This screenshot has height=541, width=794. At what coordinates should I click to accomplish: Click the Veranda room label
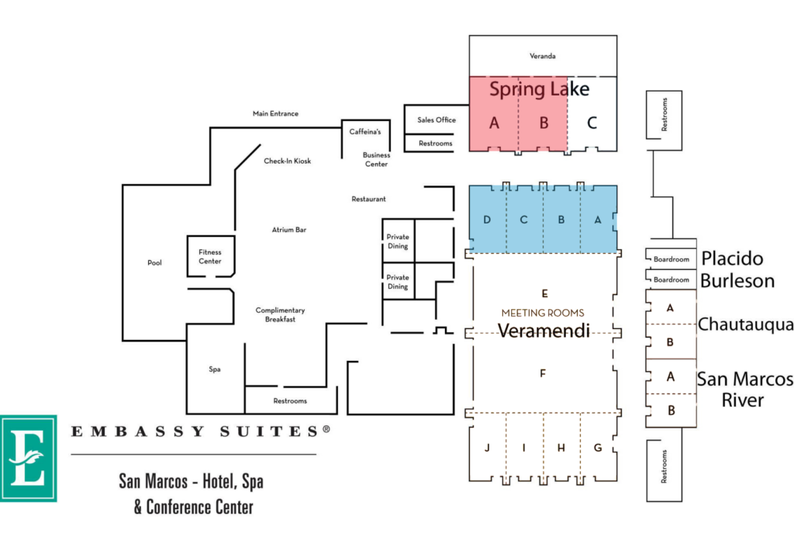click(542, 56)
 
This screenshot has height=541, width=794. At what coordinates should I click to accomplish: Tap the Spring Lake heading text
click(540, 89)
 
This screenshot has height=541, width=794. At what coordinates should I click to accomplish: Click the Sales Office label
click(437, 120)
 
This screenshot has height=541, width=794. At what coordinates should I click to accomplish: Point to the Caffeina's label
click(365, 132)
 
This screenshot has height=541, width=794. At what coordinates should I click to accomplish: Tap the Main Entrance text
click(275, 113)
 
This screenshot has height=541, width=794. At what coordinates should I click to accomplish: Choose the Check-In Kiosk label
click(287, 161)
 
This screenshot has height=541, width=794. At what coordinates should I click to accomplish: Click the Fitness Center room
click(210, 256)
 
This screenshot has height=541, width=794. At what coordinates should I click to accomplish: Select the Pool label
click(154, 262)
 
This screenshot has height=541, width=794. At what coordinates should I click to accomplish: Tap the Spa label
click(215, 369)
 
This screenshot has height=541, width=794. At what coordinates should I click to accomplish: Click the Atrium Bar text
click(289, 230)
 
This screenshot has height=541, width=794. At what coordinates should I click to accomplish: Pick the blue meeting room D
click(487, 220)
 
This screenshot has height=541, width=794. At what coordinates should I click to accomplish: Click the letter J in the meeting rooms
click(487, 448)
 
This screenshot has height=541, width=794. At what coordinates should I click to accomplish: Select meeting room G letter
click(598, 448)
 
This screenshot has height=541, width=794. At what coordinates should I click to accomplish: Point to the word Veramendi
click(544, 331)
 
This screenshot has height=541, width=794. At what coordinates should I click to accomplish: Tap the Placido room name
click(732, 258)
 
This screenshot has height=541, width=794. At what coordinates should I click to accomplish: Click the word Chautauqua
click(745, 324)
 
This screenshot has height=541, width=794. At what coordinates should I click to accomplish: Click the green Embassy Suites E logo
click(29, 459)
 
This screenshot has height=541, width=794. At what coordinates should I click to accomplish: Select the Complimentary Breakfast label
click(280, 314)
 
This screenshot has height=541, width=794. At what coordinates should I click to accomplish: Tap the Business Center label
click(376, 159)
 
